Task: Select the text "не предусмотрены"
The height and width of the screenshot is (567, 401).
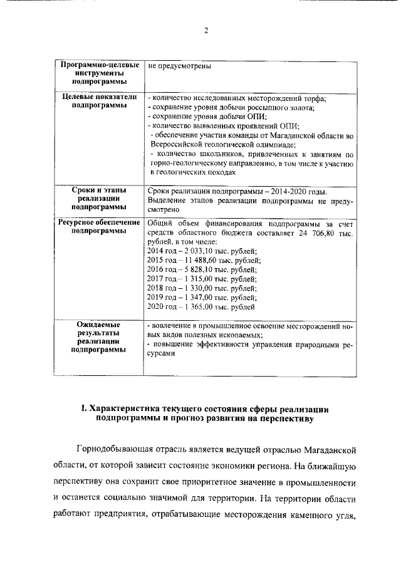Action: [x=179, y=65]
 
